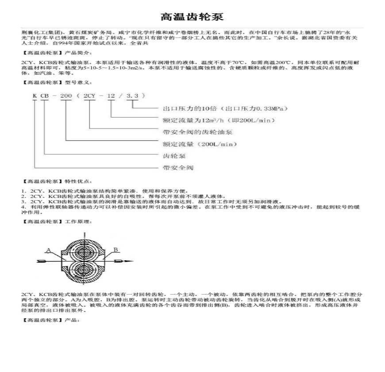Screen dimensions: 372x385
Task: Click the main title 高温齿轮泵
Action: pos(192,17)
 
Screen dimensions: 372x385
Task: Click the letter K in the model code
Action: pos(34,96)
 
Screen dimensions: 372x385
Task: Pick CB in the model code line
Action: pos(45,96)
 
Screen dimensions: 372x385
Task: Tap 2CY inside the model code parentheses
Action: pos(90,96)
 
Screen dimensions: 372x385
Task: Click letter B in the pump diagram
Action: pos(115,250)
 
